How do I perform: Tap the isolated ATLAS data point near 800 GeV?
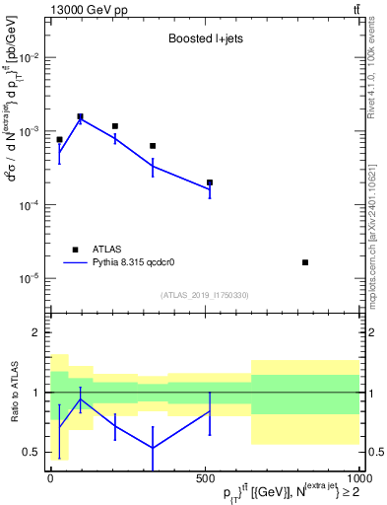tap(305, 262)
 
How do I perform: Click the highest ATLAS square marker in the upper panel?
tap(81, 116)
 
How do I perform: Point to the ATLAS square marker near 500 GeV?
tap(210, 182)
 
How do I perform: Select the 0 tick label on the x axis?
tap(50, 476)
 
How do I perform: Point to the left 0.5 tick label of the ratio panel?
tap(31, 453)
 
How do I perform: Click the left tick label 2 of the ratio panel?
tap(35, 333)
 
